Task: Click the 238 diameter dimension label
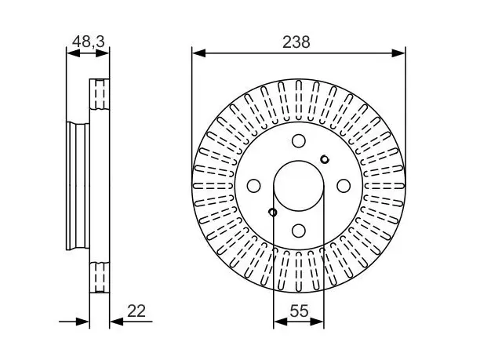296,42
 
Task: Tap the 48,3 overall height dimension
89,42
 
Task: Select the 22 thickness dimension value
136,311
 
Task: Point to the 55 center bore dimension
299,311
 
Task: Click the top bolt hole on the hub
299,141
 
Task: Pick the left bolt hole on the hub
253,186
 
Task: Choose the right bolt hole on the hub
344,186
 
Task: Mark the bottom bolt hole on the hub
299,231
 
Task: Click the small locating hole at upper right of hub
324,159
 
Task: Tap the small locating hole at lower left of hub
272,212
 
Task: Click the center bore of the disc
299,186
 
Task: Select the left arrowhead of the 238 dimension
198,53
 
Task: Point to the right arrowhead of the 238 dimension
398,53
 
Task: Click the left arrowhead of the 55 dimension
280,322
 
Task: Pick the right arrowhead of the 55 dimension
317,322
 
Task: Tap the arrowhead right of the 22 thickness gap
116,322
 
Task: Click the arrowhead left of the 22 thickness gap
82,322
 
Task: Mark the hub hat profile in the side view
78,187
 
